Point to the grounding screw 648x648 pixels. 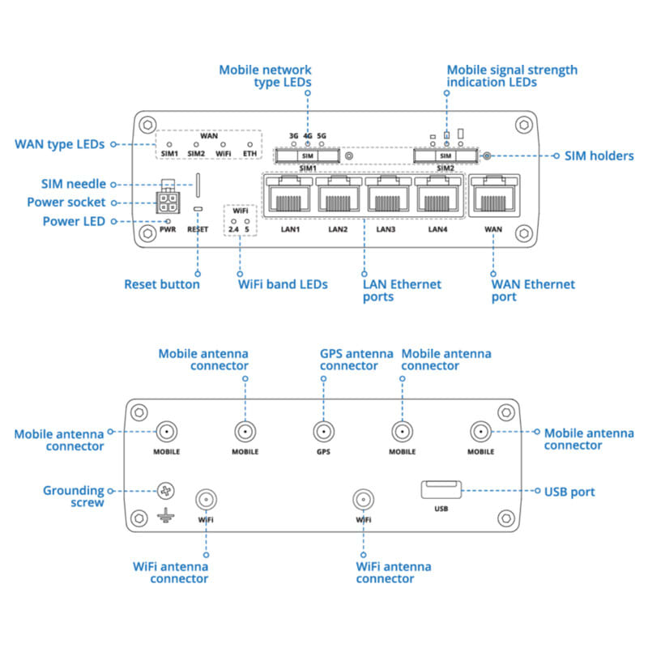tap(166, 491)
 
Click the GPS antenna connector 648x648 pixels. tap(323, 432)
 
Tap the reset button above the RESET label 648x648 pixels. tap(198, 210)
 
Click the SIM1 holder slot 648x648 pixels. tap(307, 155)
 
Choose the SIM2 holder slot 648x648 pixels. tap(445, 155)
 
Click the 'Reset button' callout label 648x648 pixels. tap(161, 284)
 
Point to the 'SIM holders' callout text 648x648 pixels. tap(599, 156)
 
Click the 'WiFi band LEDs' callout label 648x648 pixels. tap(283, 284)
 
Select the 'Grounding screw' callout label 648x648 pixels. tap(74, 497)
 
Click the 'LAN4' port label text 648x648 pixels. tap(437, 229)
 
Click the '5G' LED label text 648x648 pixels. tap(322, 135)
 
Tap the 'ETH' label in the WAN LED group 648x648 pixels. tap(249, 152)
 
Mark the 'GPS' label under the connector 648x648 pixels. tap(323, 451)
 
